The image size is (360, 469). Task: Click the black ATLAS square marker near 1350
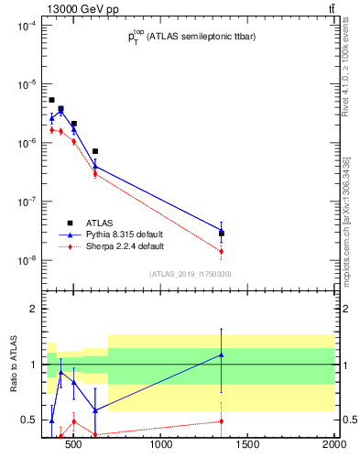(222, 234)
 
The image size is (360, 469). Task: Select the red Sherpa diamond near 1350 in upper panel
(222, 251)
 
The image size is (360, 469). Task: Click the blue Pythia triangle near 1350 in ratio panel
(222, 354)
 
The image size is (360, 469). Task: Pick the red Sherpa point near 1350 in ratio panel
(222, 421)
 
